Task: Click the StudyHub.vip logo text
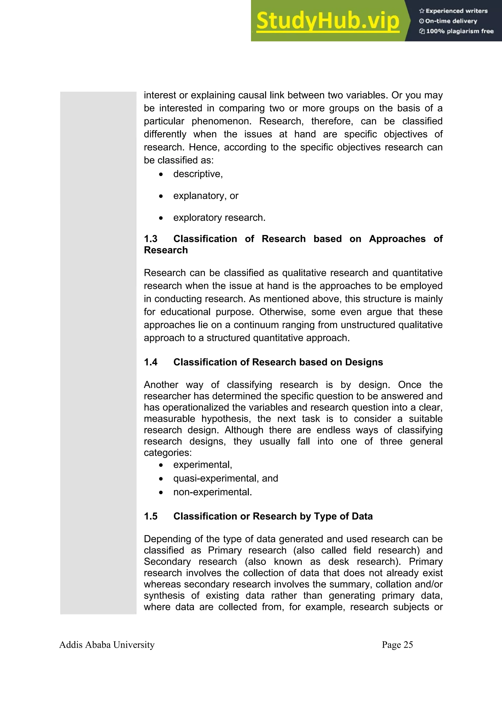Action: point(328,21)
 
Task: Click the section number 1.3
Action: point(151,239)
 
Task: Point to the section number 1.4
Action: point(151,362)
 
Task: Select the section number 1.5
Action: point(151,516)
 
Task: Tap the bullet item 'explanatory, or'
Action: point(206,196)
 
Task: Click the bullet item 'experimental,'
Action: point(203,465)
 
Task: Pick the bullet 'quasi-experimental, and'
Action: point(226,478)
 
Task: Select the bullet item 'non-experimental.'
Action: point(213,492)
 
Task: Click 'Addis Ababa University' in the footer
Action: point(107,645)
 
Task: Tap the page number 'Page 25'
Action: point(397,645)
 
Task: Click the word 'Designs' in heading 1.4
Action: point(364,362)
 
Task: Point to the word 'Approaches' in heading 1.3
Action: point(397,239)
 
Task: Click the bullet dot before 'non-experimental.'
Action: point(161,493)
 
